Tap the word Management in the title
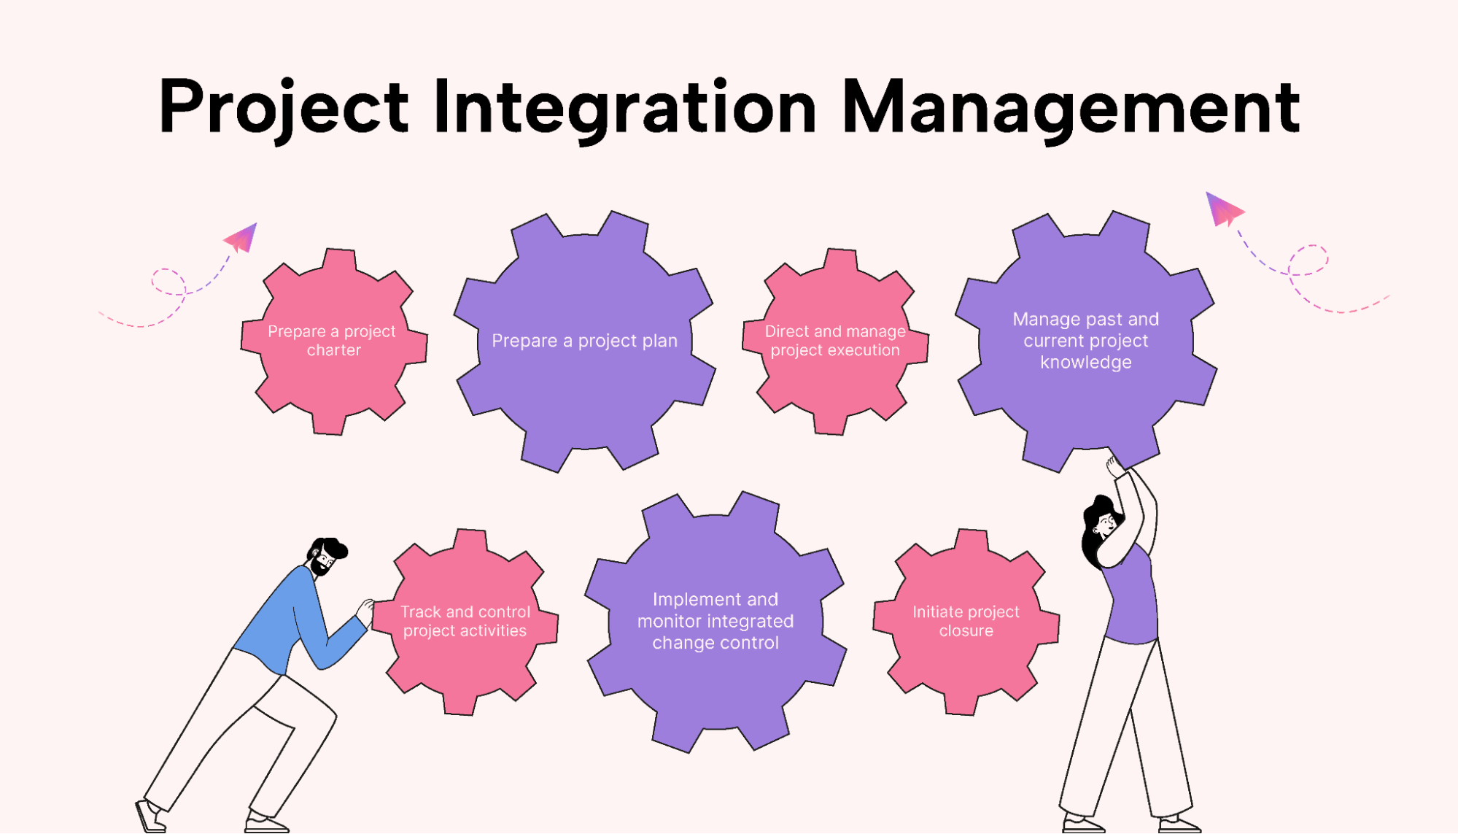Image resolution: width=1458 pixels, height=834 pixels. pyautogui.click(x=1071, y=107)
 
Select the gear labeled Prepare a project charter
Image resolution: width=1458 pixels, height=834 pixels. pyautogui.click(x=334, y=341)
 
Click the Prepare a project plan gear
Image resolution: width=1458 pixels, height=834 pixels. pyautogui.click(x=584, y=341)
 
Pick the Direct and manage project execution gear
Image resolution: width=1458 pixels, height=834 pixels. pyautogui.click(x=835, y=341)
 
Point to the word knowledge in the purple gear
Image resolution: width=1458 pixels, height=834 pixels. pyautogui.click(x=1085, y=363)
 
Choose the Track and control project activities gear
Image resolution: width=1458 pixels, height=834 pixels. pyautogui.click(x=465, y=622)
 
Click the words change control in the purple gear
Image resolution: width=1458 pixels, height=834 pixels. pyautogui.click(x=716, y=643)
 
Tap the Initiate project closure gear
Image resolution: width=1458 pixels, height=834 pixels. pyautogui.click(x=966, y=622)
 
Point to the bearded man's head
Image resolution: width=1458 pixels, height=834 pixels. pyautogui.click(x=326, y=557)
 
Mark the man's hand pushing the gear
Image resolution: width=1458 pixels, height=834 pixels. pyautogui.click(x=365, y=610)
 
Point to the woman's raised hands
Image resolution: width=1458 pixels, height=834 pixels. pyautogui.click(x=1115, y=466)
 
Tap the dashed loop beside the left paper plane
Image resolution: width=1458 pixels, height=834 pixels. pyautogui.click(x=168, y=282)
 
